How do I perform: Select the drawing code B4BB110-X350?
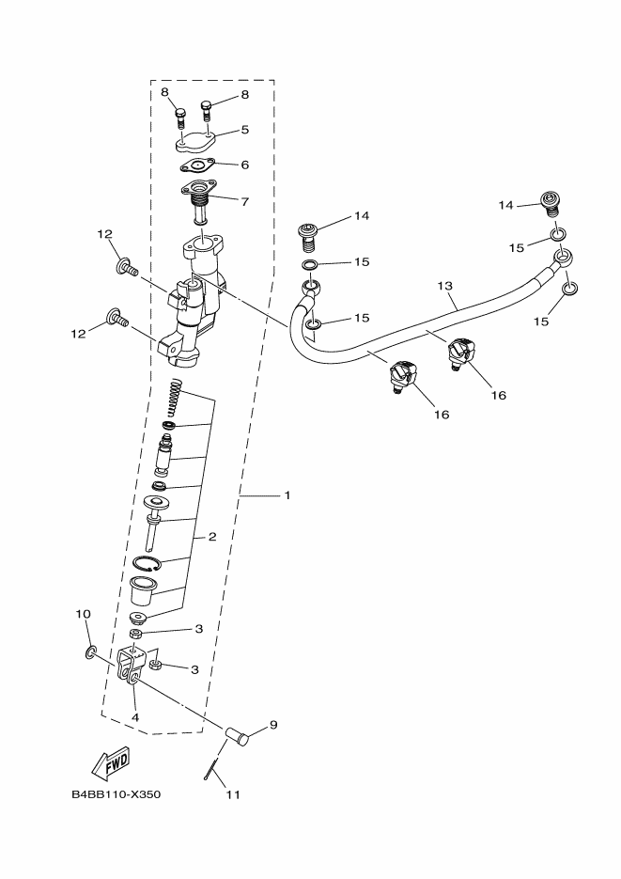tap(116, 794)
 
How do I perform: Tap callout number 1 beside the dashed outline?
tap(287, 494)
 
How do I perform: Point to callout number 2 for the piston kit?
tap(212, 537)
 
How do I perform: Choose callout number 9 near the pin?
tap(273, 725)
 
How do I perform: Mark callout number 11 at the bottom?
tap(233, 794)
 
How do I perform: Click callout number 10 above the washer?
tap(83, 614)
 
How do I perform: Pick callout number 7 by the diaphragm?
tap(244, 200)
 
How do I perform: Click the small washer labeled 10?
tap(91, 651)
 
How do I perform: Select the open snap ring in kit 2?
tap(147, 564)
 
